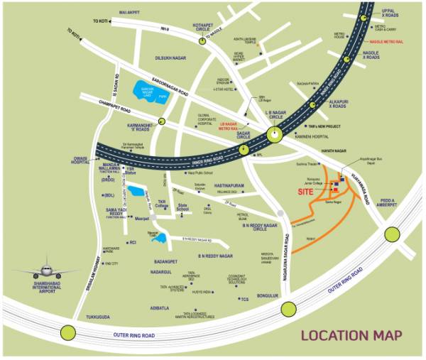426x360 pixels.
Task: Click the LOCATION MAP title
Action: point(351,334)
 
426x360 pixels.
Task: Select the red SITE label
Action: point(304,192)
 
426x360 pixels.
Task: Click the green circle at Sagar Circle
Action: point(244,150)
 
